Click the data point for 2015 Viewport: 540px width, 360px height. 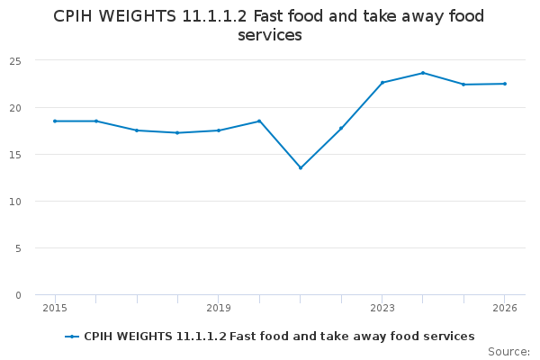55,121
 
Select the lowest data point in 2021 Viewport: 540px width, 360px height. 301,168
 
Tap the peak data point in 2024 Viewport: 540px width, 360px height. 423,73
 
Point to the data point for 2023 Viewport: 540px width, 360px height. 382,83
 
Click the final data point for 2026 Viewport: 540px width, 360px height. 505,84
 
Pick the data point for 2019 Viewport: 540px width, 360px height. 219,130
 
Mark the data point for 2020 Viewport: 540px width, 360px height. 259,121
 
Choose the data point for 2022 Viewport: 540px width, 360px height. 341,129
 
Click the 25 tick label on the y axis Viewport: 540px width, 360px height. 15,61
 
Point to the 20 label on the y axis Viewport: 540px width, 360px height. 15,108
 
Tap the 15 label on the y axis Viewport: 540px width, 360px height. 15,155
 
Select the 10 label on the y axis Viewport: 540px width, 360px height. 15,202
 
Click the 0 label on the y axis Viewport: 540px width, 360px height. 18,295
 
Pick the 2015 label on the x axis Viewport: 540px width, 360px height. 55,308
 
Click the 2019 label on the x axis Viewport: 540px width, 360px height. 219,308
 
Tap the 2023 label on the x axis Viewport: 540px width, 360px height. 382,308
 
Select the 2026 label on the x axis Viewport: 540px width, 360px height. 505,308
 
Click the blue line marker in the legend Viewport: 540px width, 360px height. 72,337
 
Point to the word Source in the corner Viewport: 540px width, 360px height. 507,352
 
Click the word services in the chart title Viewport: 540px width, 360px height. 270,35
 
